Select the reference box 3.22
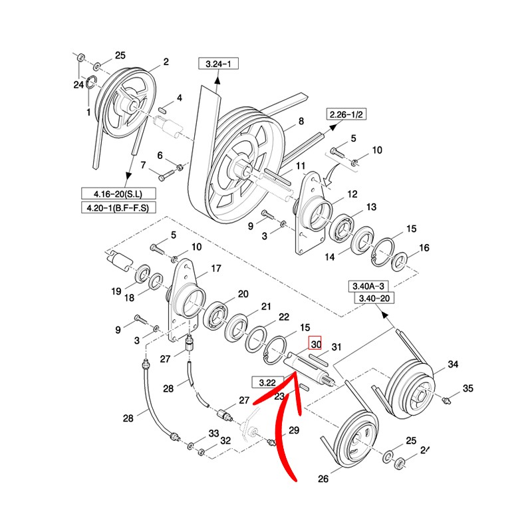[268, 382]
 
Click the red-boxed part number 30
[315, 345]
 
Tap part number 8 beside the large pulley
[301, 122]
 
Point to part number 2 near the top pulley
[166, 63]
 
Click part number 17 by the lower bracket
[215, 269]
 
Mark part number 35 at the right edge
[467, 388]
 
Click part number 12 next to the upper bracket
[352, 194]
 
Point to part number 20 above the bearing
[243, 294]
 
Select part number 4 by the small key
[179, 98]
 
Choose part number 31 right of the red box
[336, 346]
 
